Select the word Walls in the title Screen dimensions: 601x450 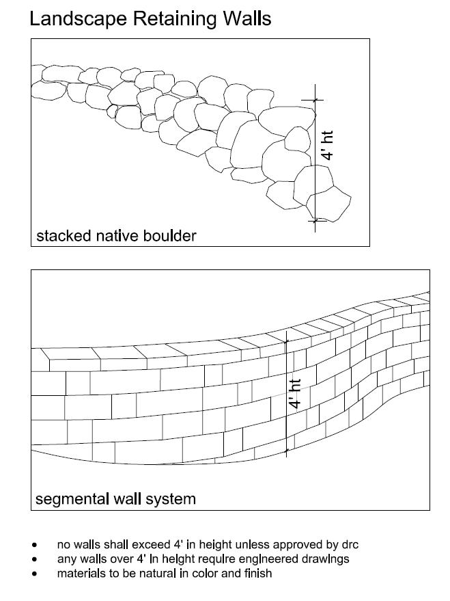point(243,18)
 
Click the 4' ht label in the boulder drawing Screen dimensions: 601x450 point(328,146)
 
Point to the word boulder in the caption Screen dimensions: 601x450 point(169,237)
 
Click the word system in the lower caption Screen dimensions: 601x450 point(173,499)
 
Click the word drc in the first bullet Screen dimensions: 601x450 point(349,545)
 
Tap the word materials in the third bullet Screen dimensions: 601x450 point(81,573)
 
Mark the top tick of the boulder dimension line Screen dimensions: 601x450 point(315,99)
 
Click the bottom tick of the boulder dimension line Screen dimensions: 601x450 point(315,220)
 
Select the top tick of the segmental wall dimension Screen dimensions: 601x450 point(286,340)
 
